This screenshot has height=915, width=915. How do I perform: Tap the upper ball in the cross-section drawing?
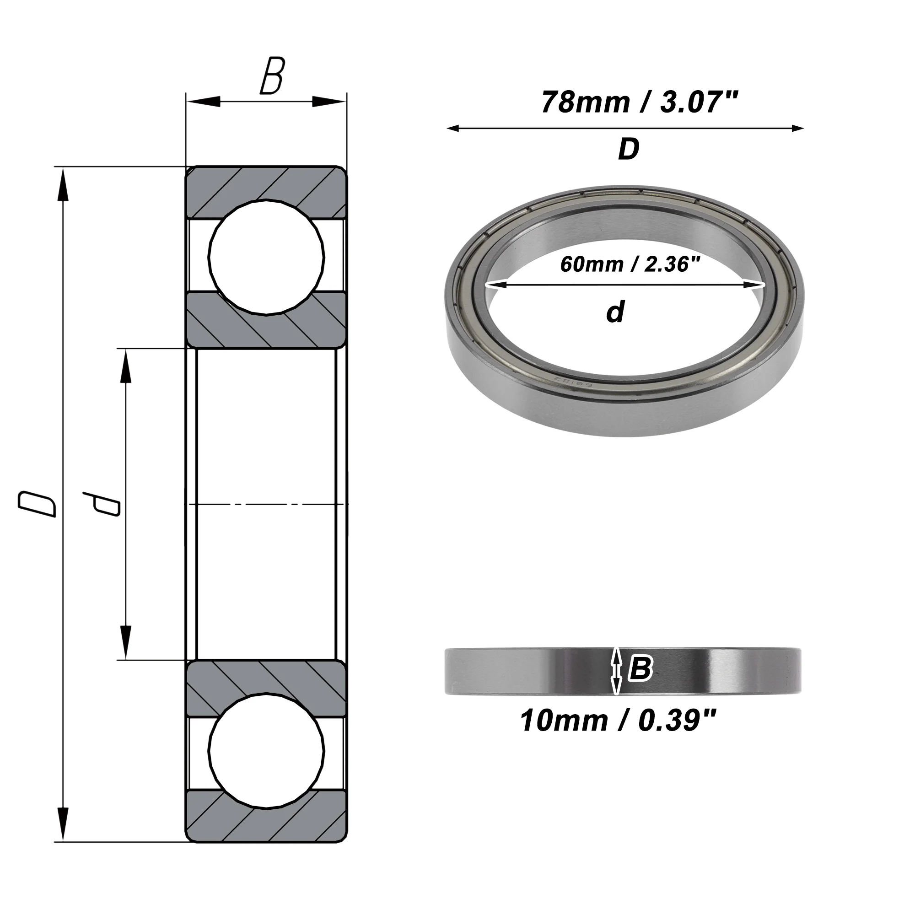pyautogui.click(x=266, y=257)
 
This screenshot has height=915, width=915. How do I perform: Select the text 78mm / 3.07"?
pyautogui.click(x=640, y=102)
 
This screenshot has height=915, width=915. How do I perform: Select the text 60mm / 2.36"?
pyautogui.click(x=630, y=264)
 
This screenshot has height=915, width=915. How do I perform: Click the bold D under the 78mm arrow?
pyautogui.click(x=629, y=149)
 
